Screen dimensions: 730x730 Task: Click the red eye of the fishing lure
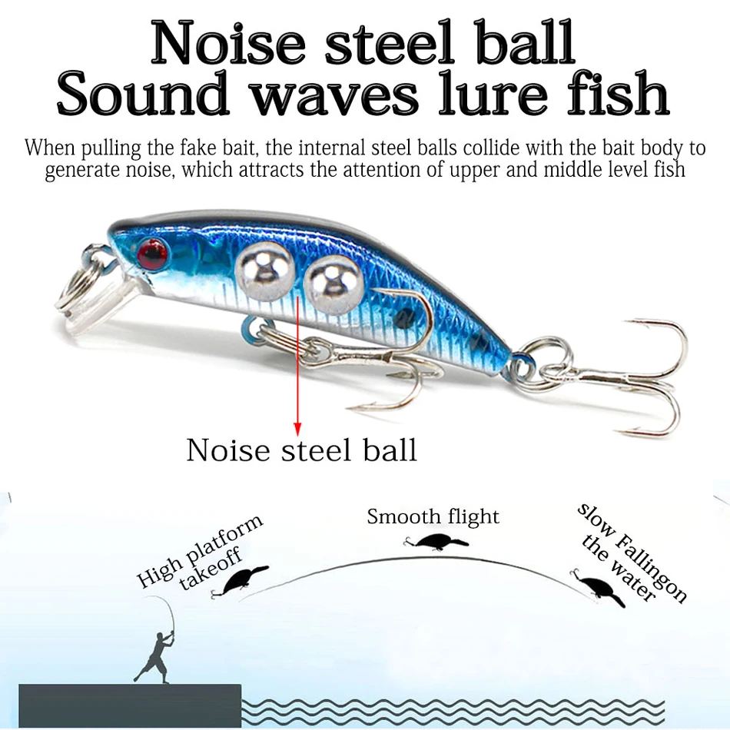(152, 254)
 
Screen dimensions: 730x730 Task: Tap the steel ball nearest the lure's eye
(264, 272)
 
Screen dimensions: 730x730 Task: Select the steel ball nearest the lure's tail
(333, 284)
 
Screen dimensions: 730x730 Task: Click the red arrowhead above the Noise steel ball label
(297, 430)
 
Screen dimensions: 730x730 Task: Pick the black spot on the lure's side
(404, 318)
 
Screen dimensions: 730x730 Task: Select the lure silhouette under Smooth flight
(436, 542)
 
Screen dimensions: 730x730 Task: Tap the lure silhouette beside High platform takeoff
(239, 581)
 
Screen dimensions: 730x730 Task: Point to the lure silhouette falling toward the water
(598, 587)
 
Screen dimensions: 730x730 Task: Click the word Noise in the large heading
(228, 43)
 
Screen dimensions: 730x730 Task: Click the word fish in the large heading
(618, 92)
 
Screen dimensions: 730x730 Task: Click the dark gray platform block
(130, 705)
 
